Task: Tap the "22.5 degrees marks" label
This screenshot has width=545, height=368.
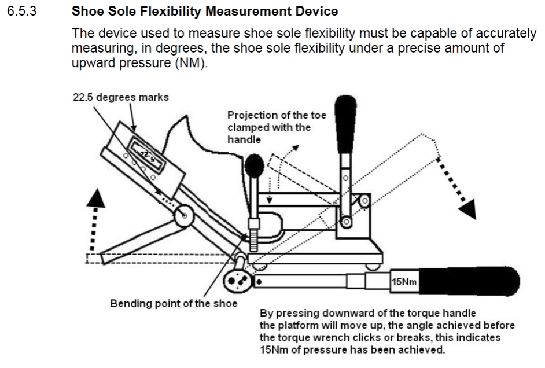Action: [x=120, y=97]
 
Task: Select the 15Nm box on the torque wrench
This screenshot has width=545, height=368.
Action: [x=404, y=282]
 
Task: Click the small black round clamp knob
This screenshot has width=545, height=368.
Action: [x=254, y=168]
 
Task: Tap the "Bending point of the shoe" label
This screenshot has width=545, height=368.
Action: [x=174, y=303]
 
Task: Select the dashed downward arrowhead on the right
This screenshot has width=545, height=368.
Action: [x=468, y=208]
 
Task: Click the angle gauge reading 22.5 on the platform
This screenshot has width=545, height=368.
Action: [x=146, y=155]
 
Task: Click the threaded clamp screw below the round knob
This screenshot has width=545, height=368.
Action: [x=253, y=231]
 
